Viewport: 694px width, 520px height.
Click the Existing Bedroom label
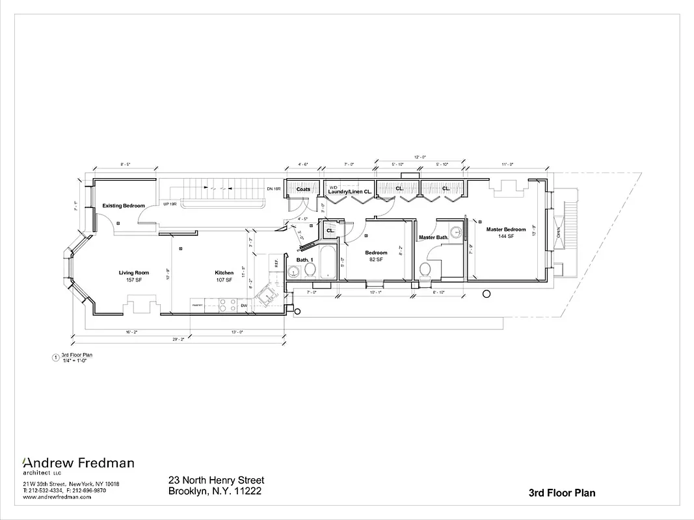[124, 206]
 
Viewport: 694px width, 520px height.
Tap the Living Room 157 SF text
[133, 276]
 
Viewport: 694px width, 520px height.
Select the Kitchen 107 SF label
[224, 276]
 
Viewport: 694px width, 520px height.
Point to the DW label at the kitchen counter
[244, 305]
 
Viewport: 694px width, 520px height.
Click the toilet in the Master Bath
[426, 269]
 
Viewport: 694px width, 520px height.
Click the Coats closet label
[303, 190]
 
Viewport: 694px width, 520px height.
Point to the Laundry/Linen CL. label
[349, 192]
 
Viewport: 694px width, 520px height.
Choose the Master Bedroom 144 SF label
[505, 233]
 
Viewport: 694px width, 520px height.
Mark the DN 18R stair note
[273, 189]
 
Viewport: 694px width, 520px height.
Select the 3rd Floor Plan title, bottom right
[562, 493]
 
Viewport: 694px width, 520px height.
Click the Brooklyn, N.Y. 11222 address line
[215, 491]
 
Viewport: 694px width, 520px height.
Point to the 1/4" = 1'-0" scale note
[74, 361]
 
